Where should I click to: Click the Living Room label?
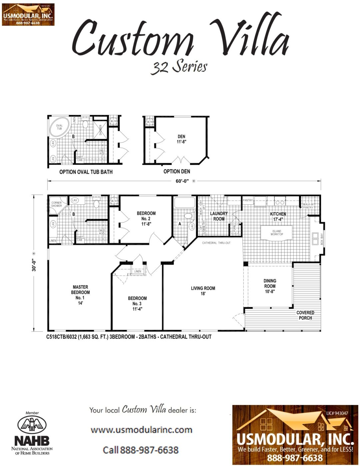point(203,291)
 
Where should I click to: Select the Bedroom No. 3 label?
point(137,303)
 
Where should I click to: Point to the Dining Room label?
point(270,286)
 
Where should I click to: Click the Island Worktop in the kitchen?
point(276,232)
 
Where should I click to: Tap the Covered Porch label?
point(305,315)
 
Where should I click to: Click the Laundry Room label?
point(219,216)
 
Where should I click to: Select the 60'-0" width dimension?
point(182,181)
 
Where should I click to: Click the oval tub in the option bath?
point(59,127)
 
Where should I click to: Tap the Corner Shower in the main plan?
point(56,204)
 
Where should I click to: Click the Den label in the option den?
point(181,139)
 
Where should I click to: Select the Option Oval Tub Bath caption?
point(86,172)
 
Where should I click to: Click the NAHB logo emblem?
point(32,425)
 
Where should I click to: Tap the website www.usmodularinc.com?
point(141,430)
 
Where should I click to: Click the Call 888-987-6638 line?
point(141,450)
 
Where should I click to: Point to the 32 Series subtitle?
point(179,67)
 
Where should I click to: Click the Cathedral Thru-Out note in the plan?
point(216,243)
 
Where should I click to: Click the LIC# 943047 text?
point(337,413)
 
